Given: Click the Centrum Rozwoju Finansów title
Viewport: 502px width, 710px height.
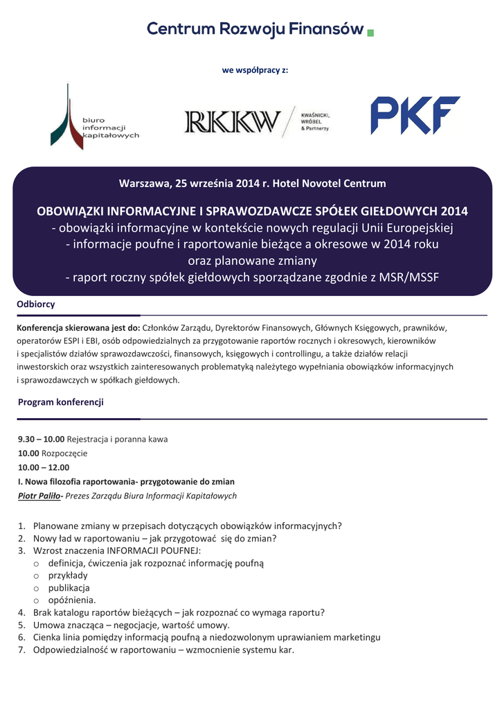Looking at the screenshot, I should tap(255, 29).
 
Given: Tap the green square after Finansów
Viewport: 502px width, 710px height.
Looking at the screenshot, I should tap(370, 33).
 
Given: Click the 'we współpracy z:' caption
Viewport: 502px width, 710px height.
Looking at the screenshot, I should tap(255, 70).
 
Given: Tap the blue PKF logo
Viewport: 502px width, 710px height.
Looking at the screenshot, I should tap(415, 115).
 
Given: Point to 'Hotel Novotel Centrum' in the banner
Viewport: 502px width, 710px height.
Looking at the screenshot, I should tap(330, 184).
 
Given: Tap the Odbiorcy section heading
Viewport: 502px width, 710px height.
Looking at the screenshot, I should tap(36, 304).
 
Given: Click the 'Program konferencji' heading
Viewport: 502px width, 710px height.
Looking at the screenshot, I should tap(60, 401).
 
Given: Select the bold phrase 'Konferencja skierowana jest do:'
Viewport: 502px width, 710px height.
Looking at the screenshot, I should tap(78, 328).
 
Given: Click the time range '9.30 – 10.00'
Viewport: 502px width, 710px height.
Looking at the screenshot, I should tap(41, 439).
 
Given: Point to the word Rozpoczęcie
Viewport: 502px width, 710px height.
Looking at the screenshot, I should tap(64, 453).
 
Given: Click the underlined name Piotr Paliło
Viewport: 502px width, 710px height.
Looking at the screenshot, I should tap(39, 496).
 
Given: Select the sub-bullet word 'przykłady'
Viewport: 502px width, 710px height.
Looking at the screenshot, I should tap(68, 575).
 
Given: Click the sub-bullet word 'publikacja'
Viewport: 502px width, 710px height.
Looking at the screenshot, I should tap(69, 587).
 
